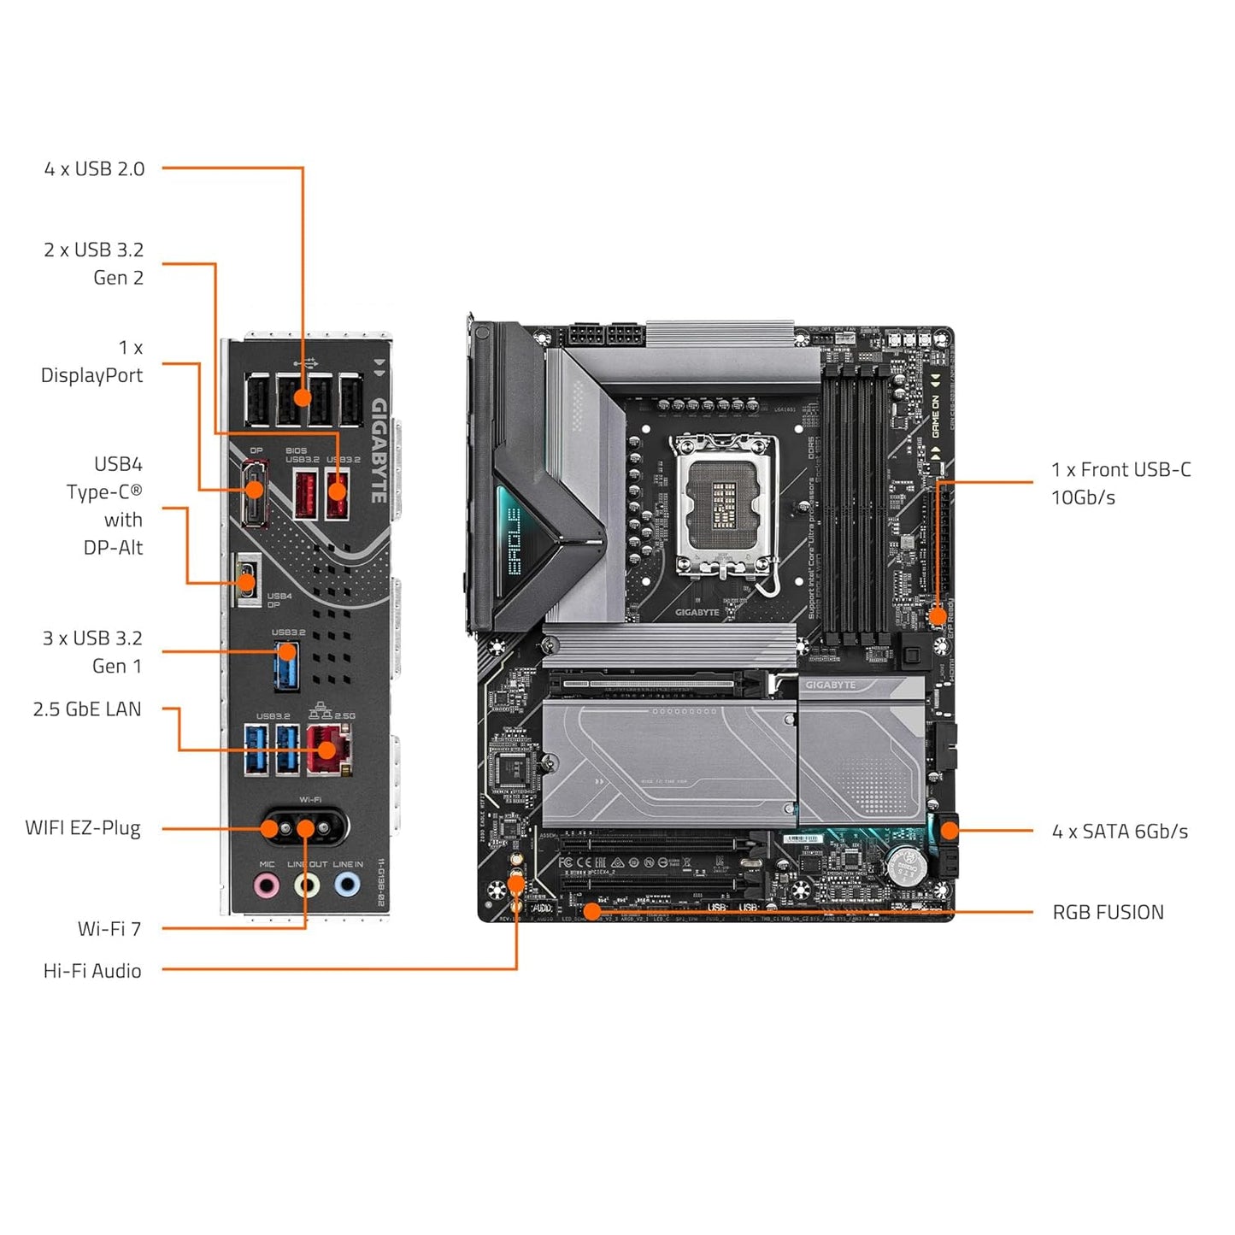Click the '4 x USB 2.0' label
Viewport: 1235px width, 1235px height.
pyautogui.click(x=94, y=169)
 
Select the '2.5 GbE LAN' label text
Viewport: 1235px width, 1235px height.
pyautogui.click(x=87, y=709)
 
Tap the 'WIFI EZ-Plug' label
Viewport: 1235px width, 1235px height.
pyautogui.click(x=83, y=828)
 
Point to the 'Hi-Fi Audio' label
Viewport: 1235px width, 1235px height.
pyautogui.click(x=92, y=971)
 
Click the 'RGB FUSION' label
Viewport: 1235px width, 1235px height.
pyautogui.click(x=1108, y=913)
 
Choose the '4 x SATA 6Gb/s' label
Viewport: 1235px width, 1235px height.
pyautogui.click(x=1120, y=832)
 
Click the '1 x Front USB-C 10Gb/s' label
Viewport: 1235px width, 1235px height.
pyautogui.click(x=1120, y=484)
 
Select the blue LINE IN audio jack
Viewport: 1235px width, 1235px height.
pyautogui.click(x=347, y=885)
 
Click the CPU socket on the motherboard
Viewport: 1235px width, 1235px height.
pyautogui.click(x=725, y=504)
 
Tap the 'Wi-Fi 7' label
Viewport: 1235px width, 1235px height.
pyautogui.click(x=109, y=929)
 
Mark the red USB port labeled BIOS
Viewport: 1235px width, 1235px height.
pyautogui.click(x=305, y=495)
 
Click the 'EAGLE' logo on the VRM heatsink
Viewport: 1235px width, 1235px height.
pyautogui.click(x=514, y=539)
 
